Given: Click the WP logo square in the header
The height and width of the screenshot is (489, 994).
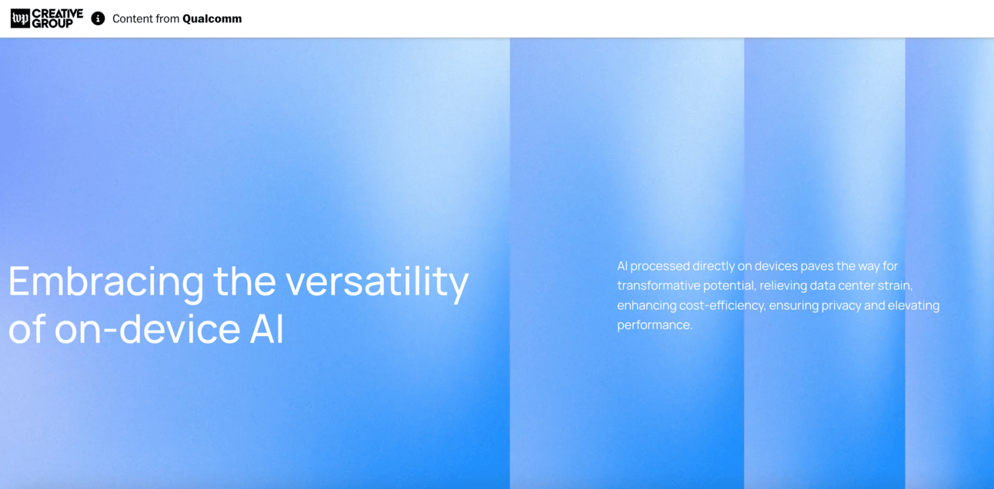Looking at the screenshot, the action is pos(20,18).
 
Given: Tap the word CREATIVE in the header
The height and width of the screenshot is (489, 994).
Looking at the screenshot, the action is pos(58,14).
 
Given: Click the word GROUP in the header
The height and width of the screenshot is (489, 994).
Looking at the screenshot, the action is pos(52,24).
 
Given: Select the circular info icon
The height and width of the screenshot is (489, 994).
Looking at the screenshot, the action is pos(98,18).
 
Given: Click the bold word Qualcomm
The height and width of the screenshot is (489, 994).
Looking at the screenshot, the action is pos(212,18).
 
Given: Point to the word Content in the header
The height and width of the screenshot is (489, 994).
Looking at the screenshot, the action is pos(129,18).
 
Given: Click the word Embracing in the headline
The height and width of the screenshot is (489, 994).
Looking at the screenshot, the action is pos(106,281).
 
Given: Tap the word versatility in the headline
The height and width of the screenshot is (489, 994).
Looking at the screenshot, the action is pos(377,281).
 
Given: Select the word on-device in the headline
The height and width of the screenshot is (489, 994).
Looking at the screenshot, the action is pos(147,329).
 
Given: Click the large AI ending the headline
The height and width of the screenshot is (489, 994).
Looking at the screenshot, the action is pos(266,329).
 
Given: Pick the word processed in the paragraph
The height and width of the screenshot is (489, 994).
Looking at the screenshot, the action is pos(660,267).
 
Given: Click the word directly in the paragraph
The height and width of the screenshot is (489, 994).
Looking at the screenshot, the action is pos(713,267).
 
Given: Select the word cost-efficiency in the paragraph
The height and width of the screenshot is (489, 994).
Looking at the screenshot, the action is pos(722,306).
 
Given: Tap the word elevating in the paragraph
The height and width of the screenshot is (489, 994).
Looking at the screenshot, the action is pos(914,306).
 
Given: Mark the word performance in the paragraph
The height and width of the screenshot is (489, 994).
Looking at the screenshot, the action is pos(655,325).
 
